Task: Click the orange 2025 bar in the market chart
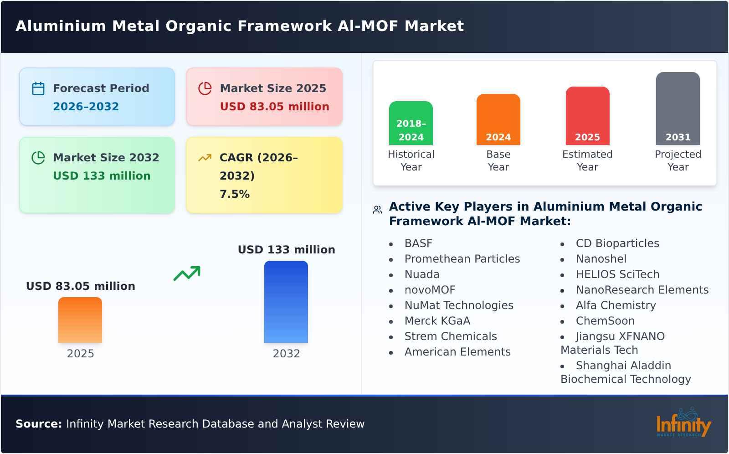click(x=80, y=320)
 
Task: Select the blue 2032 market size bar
click(x=286, y=302)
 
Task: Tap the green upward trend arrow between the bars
click(x=187, y=273)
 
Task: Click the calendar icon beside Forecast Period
click(x=38, y=88)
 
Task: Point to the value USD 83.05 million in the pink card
click(x=274, y=107)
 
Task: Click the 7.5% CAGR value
click(x=235, y=194)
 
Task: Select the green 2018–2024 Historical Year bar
click(x=411, y=123)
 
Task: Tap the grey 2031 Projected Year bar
click(x=678, y=108)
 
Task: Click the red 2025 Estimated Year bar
click(x=587, y=116)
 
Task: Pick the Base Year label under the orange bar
click(x=498, y=160)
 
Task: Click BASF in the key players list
click(x=418, y=243)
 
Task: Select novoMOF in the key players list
click(x=430, y=290)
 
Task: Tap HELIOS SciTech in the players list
click(x=617, y=274)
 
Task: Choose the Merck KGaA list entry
click(x=437, y=321)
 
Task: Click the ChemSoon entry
click(x=605, y=321)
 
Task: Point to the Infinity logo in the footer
click(x=683, y=423)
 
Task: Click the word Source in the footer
click(x=38, y=424)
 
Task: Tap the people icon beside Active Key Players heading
click(x=377, y=210)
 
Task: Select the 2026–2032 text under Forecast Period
click(x=86, y=107)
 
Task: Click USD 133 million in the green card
click(x=102, y=176)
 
